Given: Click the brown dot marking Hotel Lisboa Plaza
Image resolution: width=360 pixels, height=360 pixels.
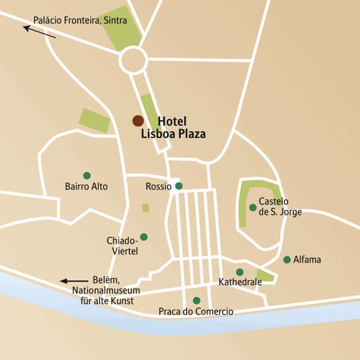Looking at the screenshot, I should [138, 121].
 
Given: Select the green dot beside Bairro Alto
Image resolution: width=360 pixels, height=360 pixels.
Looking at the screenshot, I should [87, 176].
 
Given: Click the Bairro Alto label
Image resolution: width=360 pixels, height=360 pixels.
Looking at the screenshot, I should [86, 187].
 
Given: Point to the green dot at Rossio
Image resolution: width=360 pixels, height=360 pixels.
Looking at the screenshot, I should [178, 186].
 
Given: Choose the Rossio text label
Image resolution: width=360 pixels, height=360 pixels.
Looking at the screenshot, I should [159, 187].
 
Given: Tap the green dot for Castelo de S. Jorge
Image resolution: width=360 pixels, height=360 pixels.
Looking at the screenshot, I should [253, 208].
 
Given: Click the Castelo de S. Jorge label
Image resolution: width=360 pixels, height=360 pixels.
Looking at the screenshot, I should [280, 206].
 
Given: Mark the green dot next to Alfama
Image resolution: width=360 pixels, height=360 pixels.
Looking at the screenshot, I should [287, 260].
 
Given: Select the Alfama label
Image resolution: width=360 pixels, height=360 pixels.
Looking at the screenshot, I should [307, 260].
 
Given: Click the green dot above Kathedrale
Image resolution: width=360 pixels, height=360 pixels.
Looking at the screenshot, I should [239, 272].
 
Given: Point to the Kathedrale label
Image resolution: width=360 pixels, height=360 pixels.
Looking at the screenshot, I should [240, 281].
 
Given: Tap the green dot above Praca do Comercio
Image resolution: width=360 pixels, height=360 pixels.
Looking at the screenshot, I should [196, 301].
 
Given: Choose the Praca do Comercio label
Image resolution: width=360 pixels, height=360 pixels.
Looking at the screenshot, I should [196, 311].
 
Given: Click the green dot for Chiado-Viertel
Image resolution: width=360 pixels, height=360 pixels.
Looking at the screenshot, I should [143, 236].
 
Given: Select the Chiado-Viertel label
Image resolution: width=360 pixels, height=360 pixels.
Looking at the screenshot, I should [122, 246].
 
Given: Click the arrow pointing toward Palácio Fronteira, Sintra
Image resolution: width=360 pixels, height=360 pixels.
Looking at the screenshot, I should [40, 31].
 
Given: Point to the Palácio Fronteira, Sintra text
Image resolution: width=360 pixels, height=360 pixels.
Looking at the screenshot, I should [80, 20].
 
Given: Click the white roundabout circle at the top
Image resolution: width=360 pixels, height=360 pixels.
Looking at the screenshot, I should [133, 60].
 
